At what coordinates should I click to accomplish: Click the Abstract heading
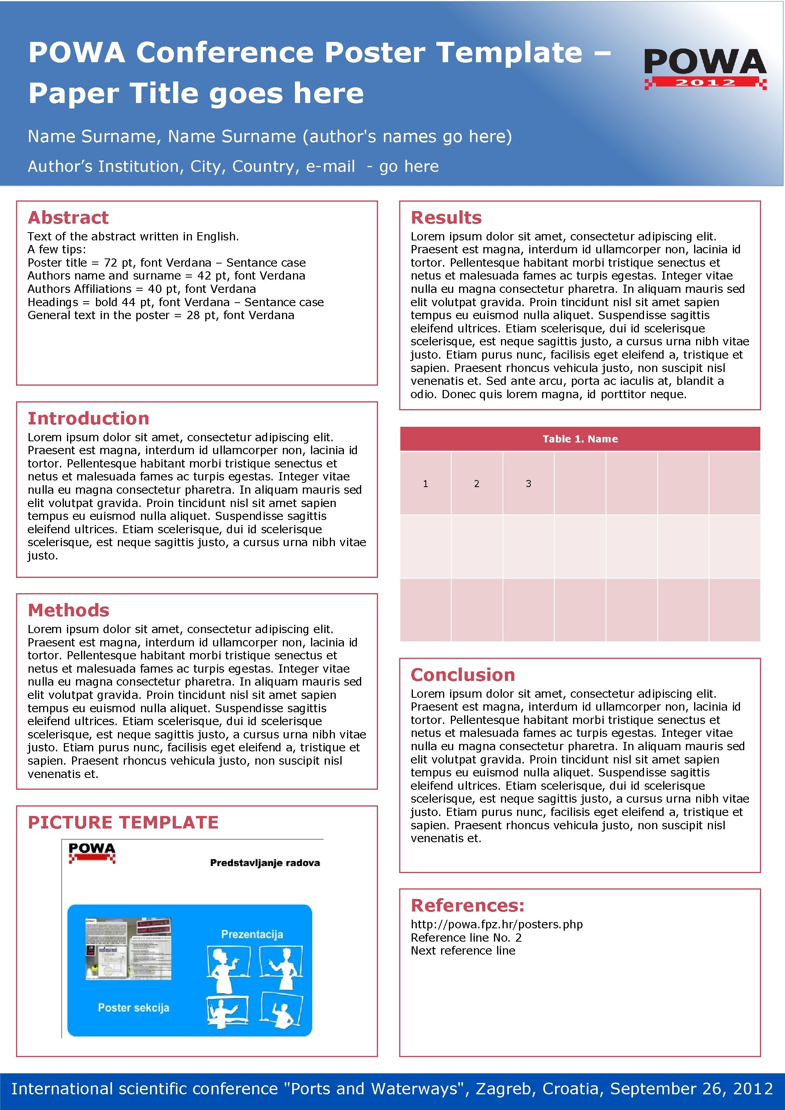pyautogui.click(x=68, y=218)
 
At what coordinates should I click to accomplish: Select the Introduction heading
pyautogui.click(x=88, y=418)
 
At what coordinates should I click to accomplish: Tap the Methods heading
pyautogui.click(x=68, y=610)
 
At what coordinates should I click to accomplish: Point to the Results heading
pyautogui.click(x=446, y=218)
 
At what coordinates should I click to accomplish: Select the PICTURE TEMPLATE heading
pyautogui.click(x=123, y=822)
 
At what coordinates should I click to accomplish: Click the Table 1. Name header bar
pyautogui.click(x=580, y=439)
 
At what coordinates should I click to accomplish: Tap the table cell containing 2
pyautogui.click(x=476, y=484)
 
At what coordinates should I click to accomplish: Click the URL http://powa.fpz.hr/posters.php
pyautogui.click(x=496, y=924)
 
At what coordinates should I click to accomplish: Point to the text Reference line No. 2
pyautogui.click(x=466, y=937)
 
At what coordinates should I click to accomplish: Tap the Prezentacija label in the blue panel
pyautogui.click(x=252, y=934)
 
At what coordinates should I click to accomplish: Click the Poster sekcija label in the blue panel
pyautogui.click(x=134, y=1007)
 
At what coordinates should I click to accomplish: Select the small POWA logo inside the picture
pyautogui.click(x=92, y=853)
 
